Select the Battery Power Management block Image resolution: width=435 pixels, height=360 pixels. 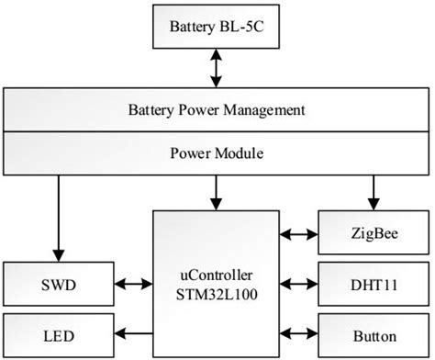pos(216,111)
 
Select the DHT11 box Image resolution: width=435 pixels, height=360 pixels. pos(374,286)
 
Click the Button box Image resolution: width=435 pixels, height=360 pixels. pos(374,335)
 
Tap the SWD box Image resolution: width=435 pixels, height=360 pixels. pos(58,286)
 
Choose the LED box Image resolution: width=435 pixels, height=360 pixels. pos(58,335)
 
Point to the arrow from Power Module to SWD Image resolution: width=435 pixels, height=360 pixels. pos(58,216)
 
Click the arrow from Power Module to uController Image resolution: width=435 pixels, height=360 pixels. pos(216,191)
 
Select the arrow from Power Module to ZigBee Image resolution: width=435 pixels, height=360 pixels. pos(374,191)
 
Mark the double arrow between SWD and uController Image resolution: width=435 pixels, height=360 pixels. pos(133,286)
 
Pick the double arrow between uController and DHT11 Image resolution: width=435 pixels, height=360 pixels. pos(298,286)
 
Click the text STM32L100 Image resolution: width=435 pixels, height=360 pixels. pos(216,294)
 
